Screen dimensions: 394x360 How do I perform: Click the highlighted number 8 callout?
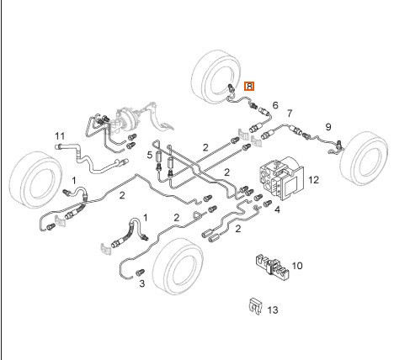(249, 86)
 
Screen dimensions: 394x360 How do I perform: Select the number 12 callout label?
(314, 180)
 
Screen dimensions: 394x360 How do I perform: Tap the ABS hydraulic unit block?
(281, 178)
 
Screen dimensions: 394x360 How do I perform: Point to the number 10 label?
(297, 266)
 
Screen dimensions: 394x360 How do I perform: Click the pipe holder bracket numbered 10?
(272, 267)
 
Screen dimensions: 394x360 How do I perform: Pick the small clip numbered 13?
(255, 306)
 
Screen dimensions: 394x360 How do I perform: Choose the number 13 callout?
(273, 310)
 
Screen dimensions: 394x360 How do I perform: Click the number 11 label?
(60, 136)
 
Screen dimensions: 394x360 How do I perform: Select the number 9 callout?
(328, 127)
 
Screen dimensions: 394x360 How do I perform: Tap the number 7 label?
(290, 114)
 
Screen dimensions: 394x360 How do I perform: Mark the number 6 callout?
(275, 105)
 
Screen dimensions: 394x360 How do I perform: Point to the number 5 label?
(150, 155)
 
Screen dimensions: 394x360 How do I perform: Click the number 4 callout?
(277, 209)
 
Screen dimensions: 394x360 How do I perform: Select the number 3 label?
(142, 283)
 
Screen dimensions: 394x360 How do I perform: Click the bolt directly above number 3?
(140, 272)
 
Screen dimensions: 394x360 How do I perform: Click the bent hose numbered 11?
(90, 159)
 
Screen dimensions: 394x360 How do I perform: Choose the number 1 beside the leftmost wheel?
(74, 181)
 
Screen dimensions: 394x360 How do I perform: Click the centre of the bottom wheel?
(178, 267)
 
